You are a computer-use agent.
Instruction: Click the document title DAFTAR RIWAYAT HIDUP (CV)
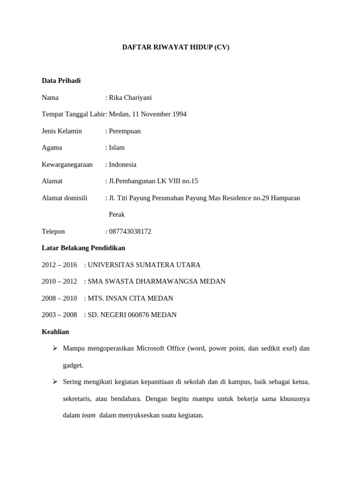coord(176,47)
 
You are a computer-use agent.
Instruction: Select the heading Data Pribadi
coord(61,81)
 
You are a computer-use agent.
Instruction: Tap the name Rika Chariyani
coord(130,97)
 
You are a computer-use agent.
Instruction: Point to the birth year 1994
coord(179,114)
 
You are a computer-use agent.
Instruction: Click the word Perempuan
coord(125,131)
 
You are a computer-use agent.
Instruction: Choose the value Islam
coord(117,148)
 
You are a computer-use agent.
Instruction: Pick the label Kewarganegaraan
coord(67,165)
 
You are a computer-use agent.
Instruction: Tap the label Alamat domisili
coord(65,198)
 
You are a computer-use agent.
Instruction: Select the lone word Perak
coord(117,215)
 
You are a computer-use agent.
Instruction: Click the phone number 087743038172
coord(130,232)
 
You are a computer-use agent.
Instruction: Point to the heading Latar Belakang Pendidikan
coord(83,248)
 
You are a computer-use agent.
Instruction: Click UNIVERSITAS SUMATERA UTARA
coord(144,265)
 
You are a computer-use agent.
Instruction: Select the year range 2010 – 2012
coord(59,281)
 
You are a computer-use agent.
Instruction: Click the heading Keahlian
coord(55,332)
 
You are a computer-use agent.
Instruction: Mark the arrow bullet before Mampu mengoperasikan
coord(55,348)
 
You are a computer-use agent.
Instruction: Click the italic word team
coord(89,415)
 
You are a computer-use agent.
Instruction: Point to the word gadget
coord(73,365)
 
